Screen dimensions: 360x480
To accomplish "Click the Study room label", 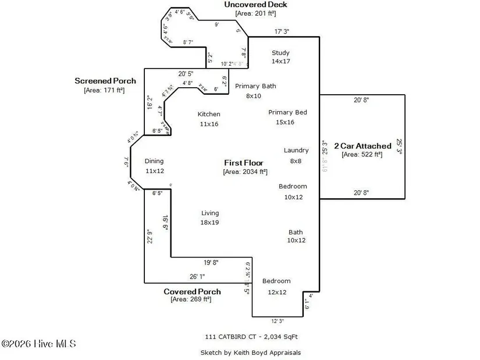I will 280,53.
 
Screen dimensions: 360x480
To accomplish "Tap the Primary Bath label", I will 255,86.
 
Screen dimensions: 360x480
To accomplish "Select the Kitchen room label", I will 209,114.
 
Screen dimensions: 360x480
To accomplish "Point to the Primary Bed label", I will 287,112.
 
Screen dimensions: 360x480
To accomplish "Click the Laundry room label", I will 296,150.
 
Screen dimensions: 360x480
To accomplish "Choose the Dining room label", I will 154,161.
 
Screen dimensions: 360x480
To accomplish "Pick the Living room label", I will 210,213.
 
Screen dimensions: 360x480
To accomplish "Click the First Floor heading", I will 244,163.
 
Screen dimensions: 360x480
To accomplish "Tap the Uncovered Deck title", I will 255,5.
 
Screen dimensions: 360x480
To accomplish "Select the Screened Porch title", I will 105,81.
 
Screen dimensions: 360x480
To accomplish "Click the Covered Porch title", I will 192,291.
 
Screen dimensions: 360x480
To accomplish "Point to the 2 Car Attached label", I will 362,146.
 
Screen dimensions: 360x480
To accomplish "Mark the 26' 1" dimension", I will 197,276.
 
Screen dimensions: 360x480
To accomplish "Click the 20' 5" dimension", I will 188,74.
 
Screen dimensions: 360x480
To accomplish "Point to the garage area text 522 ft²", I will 362,155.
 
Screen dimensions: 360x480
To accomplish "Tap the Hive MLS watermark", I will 39,344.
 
